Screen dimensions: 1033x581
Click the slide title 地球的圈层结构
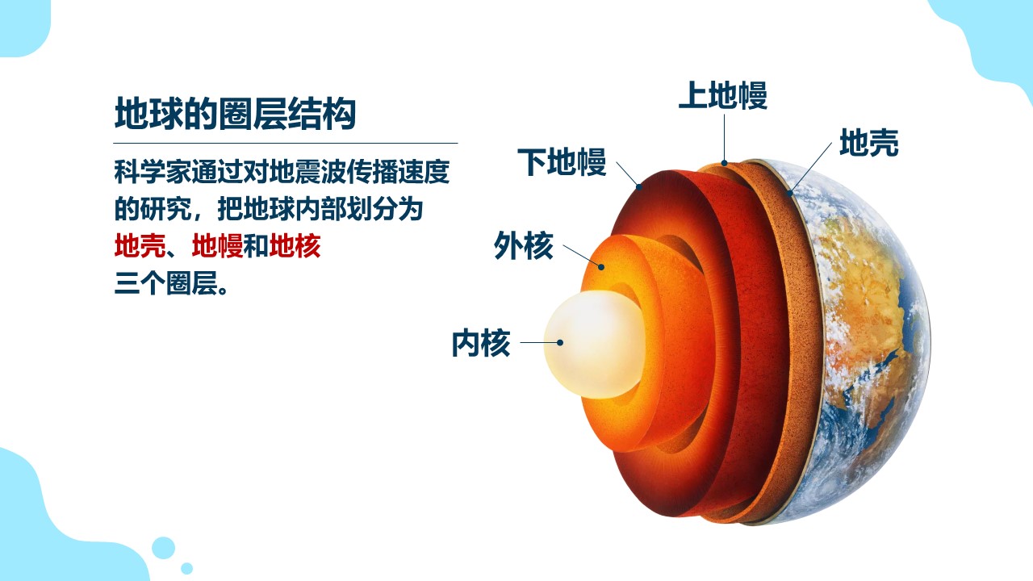[235, 114]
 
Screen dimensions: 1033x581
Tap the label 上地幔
[723, 95]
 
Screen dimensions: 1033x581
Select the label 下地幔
[562, 162]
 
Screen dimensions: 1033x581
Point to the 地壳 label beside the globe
[869, 143]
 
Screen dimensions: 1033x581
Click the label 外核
[524, 245]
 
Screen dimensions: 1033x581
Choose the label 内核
[480, 343]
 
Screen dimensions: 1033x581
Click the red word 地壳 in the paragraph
[140, 245]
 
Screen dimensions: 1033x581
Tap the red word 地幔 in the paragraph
[217, 245]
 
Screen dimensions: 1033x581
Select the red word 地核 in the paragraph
[295, 245]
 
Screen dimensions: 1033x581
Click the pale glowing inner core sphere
[594, 345]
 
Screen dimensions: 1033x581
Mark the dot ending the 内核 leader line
[560, 343]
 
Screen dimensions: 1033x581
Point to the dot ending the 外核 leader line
[601, 267]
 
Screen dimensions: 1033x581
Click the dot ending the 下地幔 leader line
[639, 186]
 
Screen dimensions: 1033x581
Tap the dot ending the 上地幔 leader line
[724, 163]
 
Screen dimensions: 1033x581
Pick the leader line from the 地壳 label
[811, 168]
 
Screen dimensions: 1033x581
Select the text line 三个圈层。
[171, 282]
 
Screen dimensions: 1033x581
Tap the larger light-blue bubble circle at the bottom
[163, 548]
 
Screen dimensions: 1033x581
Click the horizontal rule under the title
[286, 144]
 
